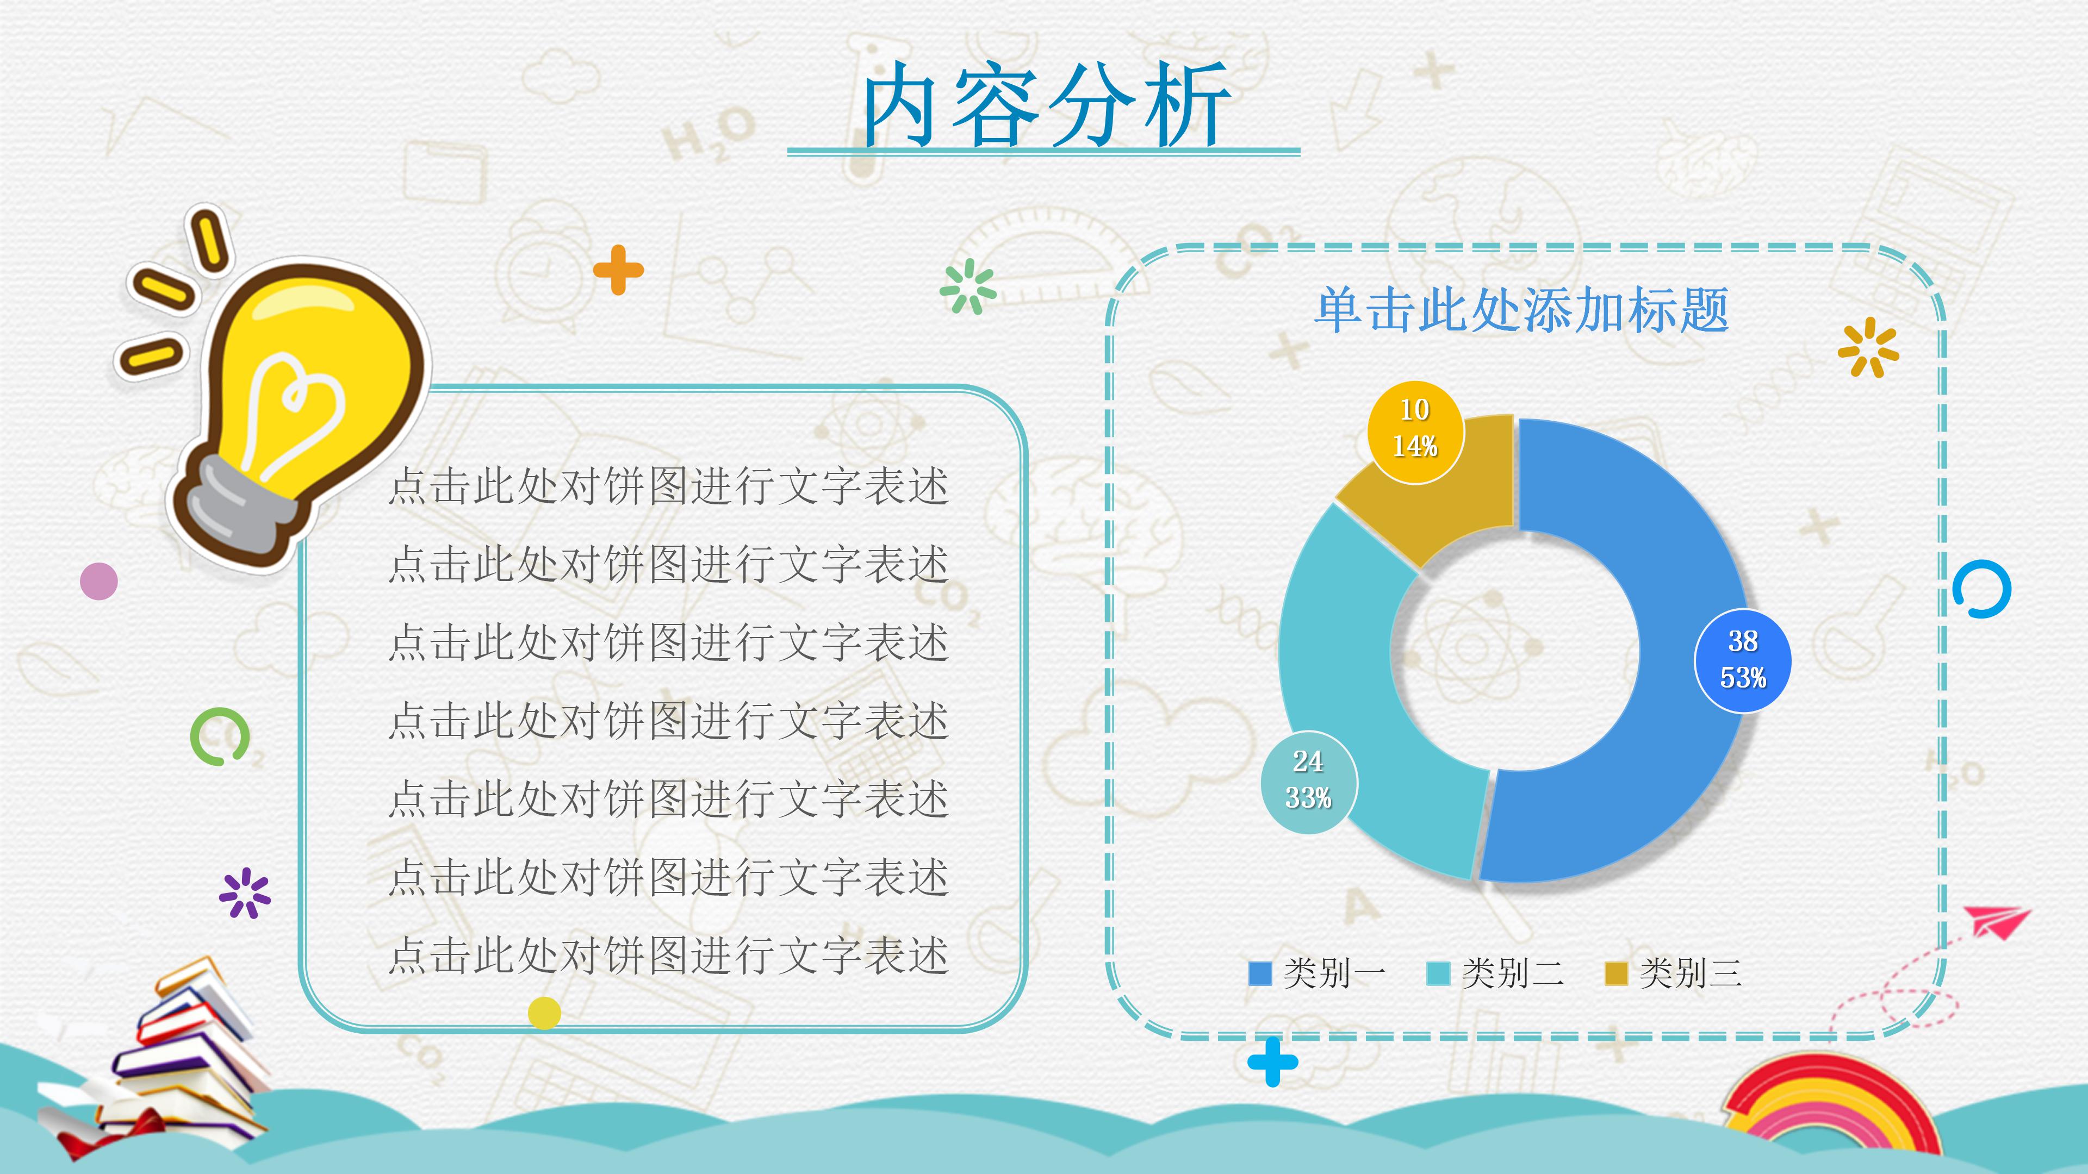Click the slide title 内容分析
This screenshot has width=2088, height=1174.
pos(1046,105)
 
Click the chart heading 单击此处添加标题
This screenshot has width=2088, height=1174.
pos(1521,310)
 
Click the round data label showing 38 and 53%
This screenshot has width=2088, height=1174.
pos(1743,660)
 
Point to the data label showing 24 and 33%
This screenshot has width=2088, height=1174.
pos(1308,780)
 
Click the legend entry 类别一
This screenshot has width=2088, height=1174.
pos(1319,973)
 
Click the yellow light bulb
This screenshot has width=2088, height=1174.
pos(316,381)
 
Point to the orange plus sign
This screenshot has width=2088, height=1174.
pos(618,270)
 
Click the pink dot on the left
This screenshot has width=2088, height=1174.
pos(99,581)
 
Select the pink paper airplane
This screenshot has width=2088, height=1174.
pos(1996,922)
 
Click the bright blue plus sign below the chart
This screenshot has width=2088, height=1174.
pos(1272,1061)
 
